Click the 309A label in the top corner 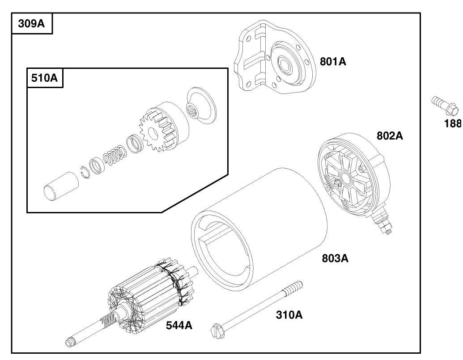(x=31, y=24)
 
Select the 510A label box (x=45, y=78)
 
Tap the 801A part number (x=333, y=62)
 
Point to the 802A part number (x=389, y=136)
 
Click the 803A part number (x=335, y=258)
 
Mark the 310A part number (x=289, y=315)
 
